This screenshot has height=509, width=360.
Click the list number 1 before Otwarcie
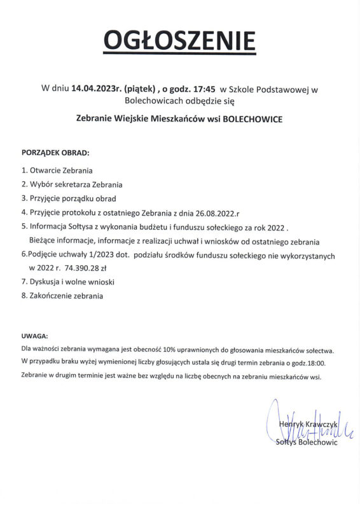(x=24, y=171)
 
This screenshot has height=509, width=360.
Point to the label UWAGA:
(x=34, y=336)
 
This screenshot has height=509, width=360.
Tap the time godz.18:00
(x=307, y=363)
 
